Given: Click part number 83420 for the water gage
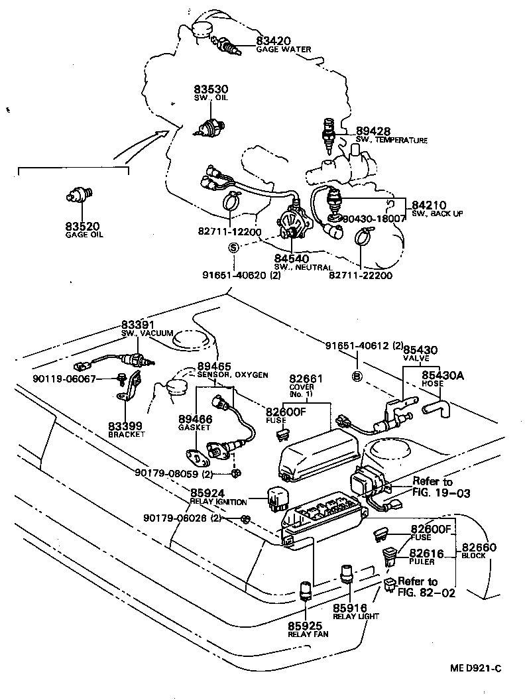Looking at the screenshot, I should click(x=274, y=41).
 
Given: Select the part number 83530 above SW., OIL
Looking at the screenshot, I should click(x=211, y=89).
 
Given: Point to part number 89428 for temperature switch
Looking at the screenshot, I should click(x=373, y=131).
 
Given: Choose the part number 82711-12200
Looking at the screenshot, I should click(x=229, y=232).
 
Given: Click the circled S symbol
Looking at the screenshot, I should click(x=233, y=247).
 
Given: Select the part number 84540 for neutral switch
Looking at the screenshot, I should click(x=292, y=259).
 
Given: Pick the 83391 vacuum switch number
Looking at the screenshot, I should click(x=138, y=324).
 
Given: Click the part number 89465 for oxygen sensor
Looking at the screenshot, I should click(x=213, y=366).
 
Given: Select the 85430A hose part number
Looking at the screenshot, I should click(x=443, y=375).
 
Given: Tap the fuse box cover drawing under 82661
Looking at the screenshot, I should click(x=319, y=457).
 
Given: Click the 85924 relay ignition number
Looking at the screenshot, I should click(x=208, y=493).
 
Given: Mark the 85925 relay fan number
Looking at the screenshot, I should click(x=304, y=625).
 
